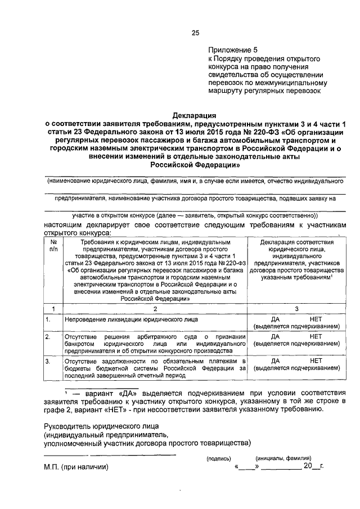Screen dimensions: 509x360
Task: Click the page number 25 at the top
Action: click(x=195, y=33)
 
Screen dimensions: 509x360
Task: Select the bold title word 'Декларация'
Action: click(x=195, y=115)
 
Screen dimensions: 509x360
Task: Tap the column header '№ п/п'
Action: click(x=53, y=245)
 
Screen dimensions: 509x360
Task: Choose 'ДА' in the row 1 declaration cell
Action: click(x=276, y=319)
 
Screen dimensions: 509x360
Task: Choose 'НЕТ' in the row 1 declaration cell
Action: click(x=316, y=319)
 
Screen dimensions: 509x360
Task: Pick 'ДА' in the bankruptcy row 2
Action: click(x=276, y=336)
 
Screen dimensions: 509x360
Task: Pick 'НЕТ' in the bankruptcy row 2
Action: click(x=316, y=336)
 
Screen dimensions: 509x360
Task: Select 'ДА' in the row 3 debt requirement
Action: click(x=276, y=359)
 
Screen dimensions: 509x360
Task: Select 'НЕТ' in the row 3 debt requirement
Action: click(x=316, y=359)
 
